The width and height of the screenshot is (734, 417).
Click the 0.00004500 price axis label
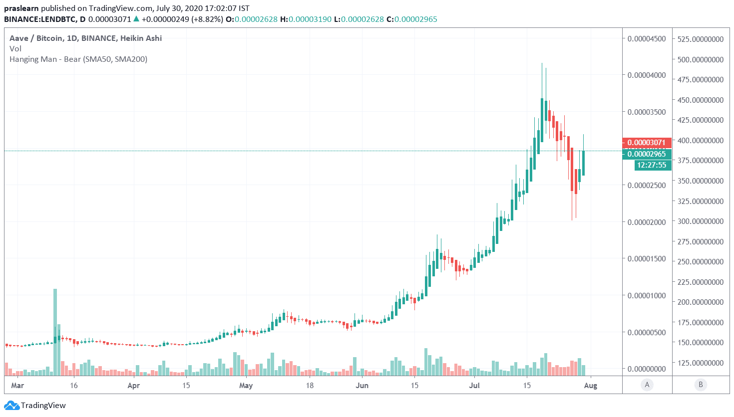click(x=647, y=38)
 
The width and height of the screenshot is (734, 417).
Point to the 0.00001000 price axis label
click(x=647, y=295)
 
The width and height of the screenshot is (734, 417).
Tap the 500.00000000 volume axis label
click(x=701, y=59)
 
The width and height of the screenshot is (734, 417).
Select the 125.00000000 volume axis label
click(x=701, y=363)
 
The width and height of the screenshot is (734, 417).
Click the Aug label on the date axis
click(x=591, y=386)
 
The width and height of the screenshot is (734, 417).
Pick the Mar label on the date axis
click(x=17, y=386)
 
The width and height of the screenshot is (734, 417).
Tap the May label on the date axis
click(x=246, y=386)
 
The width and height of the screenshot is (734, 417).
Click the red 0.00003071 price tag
click(x=647, y=143)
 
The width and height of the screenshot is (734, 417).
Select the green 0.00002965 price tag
click(x=647, y=154)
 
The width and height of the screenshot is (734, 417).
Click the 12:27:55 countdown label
click(x=652, y=165)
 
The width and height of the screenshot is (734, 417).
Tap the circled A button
click(x=647, y=385)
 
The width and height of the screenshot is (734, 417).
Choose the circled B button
click(x=701, y=385)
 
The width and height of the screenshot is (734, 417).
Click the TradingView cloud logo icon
click(x=12, y=406)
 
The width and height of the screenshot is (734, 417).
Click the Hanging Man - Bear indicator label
click(x=78, y=59)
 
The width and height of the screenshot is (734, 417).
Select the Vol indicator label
click(x=15, y=49)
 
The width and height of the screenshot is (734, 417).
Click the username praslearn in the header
click(x=21, y=8)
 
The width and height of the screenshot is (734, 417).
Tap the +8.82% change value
click(x=207, y=19)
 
